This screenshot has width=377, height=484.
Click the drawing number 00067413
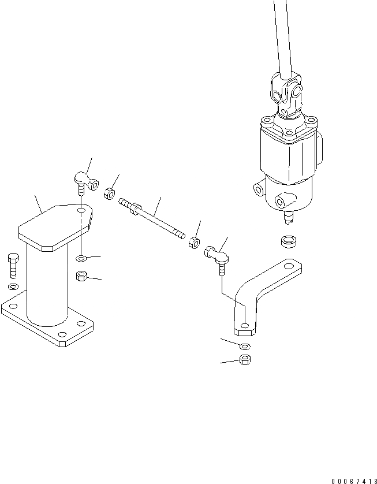point(354,481)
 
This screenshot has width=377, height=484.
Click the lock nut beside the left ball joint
point(109,194)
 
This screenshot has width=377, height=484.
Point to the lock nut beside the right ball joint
point(195,241)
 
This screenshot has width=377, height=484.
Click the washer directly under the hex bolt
point(13,286)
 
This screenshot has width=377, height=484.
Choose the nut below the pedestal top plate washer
point(82,276)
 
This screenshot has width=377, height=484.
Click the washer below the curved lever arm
point(244,345)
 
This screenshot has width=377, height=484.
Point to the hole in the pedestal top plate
point(82,211)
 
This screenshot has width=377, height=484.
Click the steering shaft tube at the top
point(281,35)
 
